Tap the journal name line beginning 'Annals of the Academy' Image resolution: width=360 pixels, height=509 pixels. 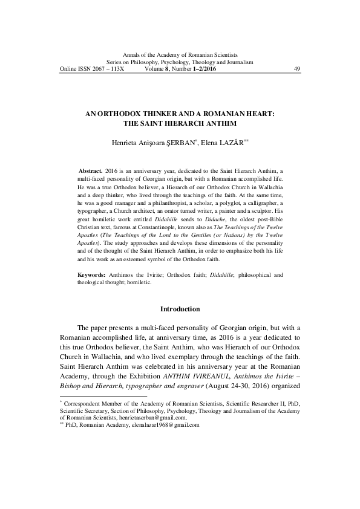coord(180,55)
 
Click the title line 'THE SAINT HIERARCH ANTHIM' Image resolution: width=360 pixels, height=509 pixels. coord(180,122)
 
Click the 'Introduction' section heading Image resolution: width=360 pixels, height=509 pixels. coord(179,310)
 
